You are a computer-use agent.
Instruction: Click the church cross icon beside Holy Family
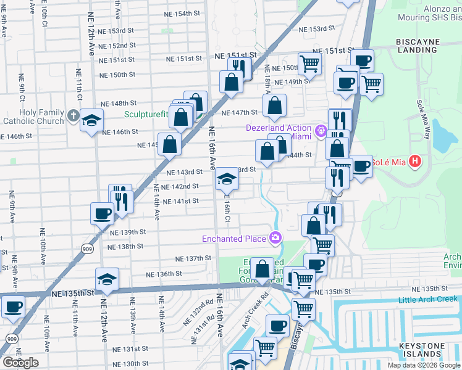[73, 116]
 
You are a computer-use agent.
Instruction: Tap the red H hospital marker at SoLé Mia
[415, 162]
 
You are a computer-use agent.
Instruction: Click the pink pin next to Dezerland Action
[320, 131]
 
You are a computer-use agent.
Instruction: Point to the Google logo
[20, 363]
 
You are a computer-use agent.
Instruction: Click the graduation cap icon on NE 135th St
[107, 278]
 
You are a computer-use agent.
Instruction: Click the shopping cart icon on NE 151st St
[309, 62]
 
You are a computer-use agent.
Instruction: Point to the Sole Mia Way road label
[421, 112]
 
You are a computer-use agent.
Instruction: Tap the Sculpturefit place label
[148, 114]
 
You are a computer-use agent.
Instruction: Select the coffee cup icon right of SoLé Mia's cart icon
[362, 165]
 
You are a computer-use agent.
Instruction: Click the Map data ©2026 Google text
[424, 365]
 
